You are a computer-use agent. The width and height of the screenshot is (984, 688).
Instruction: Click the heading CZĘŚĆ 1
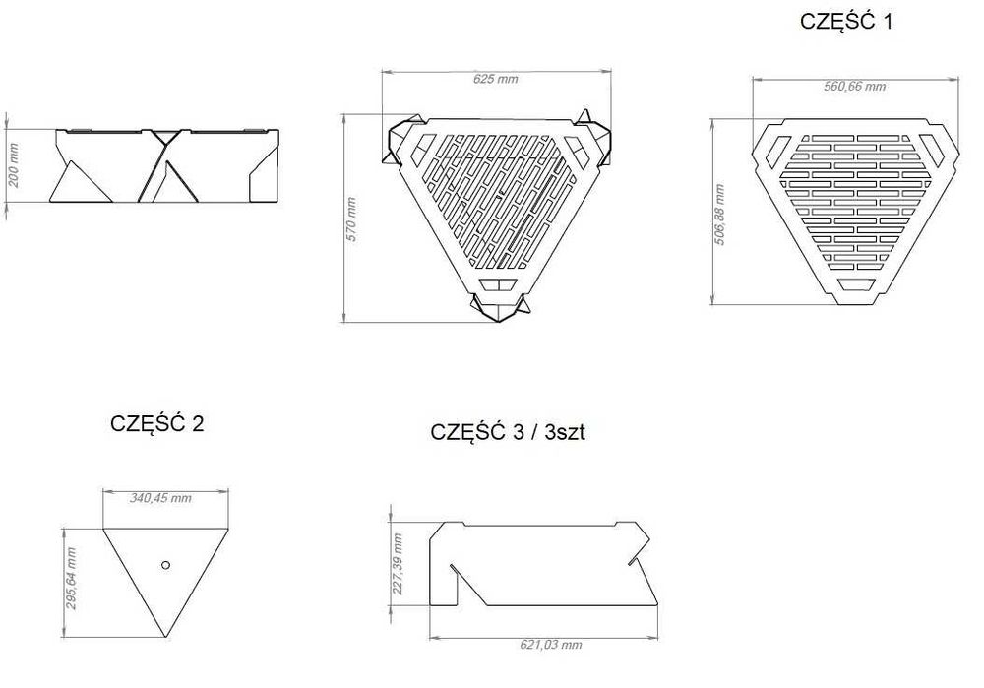(x=845, y=21)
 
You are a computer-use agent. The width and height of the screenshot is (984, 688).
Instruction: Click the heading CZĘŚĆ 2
(x=156, y=423)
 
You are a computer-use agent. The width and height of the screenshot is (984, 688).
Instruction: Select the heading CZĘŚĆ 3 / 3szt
(x=508, y=432)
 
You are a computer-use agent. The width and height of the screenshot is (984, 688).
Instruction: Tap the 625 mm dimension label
(x=496, y=79)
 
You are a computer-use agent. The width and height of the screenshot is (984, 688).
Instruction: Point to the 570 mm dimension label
(x=351, y=219)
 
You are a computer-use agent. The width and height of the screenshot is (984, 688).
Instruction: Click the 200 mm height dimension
(x=14, y=165)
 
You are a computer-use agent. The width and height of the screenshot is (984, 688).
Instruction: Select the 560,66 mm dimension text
(x=855, y=87)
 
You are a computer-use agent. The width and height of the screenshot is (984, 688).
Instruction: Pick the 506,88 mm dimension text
(x=720, y=215)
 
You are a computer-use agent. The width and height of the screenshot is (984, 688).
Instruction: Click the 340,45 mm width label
(x=160, y=498)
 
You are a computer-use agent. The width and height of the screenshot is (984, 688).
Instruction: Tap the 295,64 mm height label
(x=71, y=579)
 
